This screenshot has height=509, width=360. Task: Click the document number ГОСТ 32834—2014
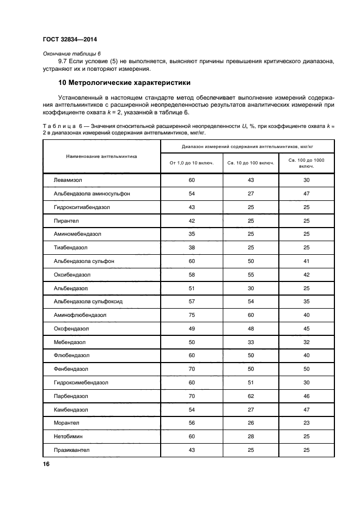tap(67, 39)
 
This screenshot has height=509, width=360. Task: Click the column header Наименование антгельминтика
tap(101, 156)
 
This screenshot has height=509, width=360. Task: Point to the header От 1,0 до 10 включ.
tap(191, 162)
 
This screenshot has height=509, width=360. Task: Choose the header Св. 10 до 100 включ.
tap(251, 162)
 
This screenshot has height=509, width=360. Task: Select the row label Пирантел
tap(66, 220)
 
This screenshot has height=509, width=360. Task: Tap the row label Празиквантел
tap(71, 450)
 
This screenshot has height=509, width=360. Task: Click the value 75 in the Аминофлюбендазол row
tap(191, 315)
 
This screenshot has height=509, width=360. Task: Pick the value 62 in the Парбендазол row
tap(251, 396)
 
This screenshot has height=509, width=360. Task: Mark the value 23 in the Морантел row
tap(307, 423)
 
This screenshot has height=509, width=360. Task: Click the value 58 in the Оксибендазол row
tap(191, 274)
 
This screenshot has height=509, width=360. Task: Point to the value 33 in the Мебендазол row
tap(251, 342)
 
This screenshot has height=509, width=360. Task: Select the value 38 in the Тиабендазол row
tap(191, 247)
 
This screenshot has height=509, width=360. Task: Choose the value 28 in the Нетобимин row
tap(251, 437)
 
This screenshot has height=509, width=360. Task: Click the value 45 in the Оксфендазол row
tap(307, 328)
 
